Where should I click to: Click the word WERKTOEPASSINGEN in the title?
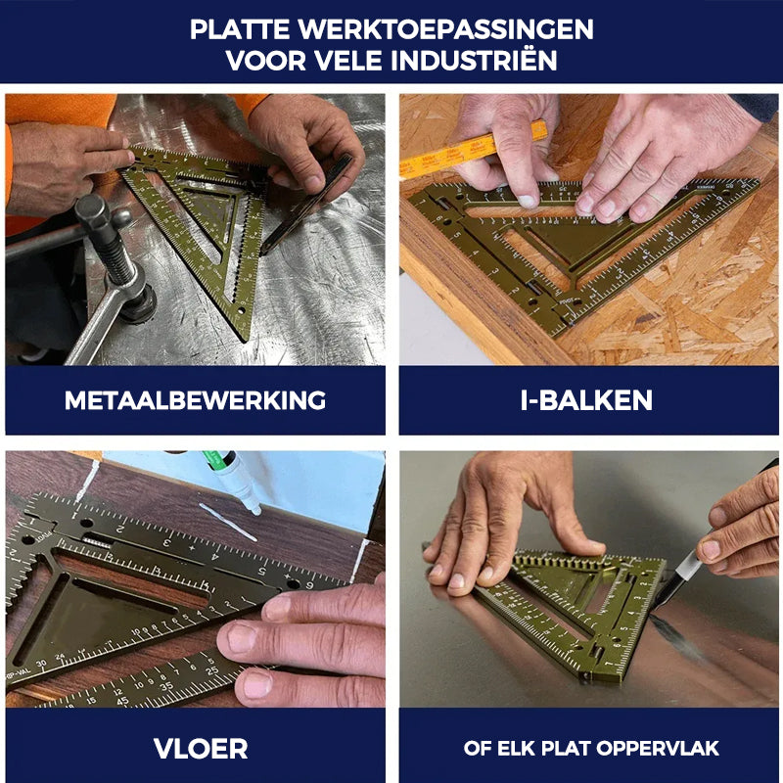coord(446,29)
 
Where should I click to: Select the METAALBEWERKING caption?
coord(195,400)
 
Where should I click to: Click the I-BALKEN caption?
coord(586,400)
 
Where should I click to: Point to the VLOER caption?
coord(201,749)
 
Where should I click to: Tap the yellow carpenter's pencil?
coord(473,149)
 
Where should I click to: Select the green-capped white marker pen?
coord(233,481)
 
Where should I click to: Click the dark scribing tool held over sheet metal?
coord(305,205)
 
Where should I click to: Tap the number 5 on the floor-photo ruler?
coord(261,571)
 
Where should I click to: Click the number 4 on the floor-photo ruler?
coord(215,556)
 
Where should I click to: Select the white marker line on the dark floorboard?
coord(228,522)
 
